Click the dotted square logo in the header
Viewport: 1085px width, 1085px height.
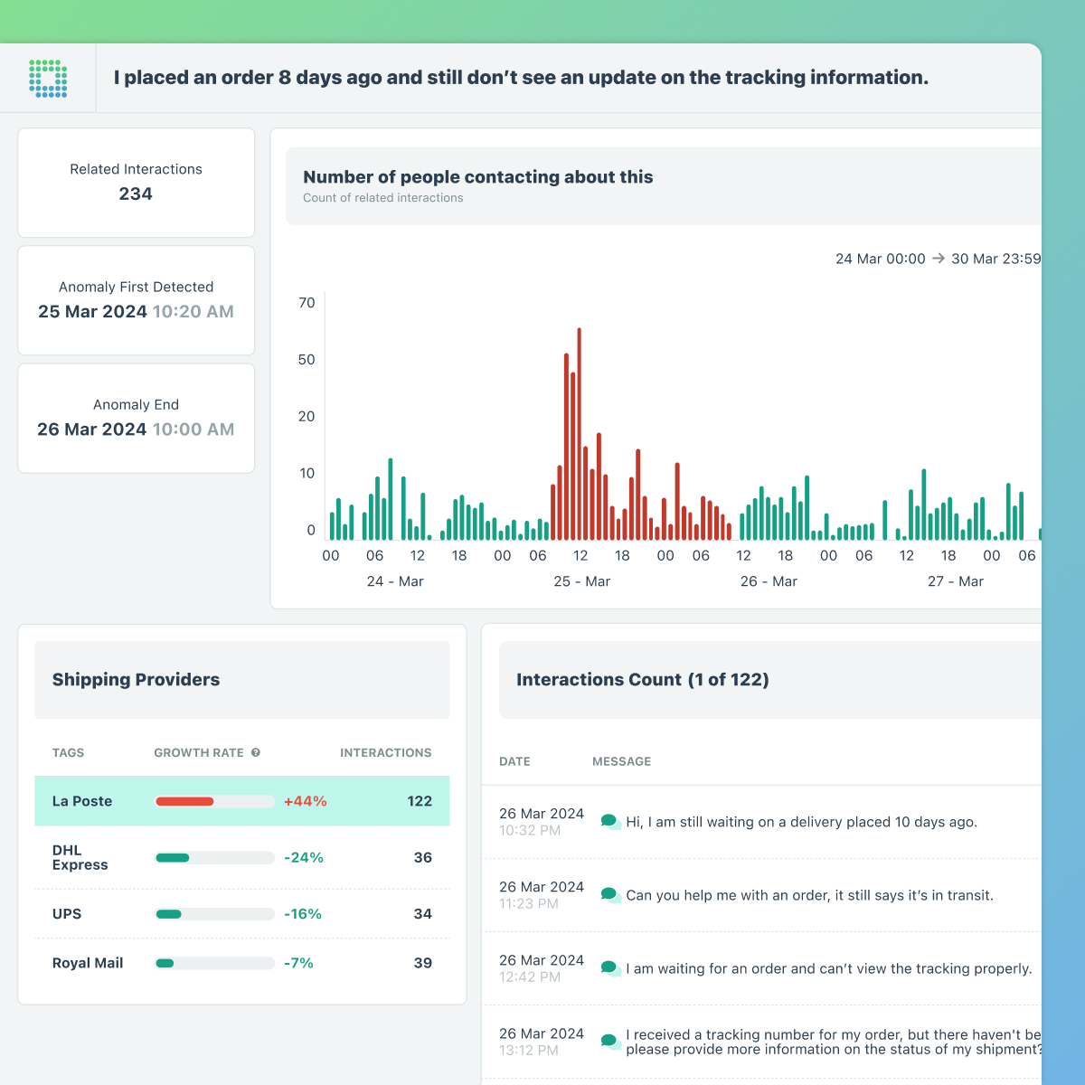(x=48, y=79)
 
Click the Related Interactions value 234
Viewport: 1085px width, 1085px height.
(x=136, y=193)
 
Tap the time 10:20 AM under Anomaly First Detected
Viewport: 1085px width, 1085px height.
(x=193, y=311)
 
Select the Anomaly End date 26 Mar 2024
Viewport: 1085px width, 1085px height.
(x=91, y=429)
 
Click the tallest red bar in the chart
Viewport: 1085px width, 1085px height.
(x=579, y=434)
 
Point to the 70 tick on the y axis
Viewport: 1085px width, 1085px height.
(x=307, y=303)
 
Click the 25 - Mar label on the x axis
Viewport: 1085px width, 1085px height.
(x=581, y=581)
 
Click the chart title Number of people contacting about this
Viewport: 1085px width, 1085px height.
(x=477, y=177)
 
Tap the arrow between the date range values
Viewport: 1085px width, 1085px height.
(x=939, y=259)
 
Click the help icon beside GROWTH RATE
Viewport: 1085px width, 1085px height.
(x=256, y=752)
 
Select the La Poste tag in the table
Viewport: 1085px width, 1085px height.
(x=82, y=801)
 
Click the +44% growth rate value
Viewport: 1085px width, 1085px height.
(x=305, y=801)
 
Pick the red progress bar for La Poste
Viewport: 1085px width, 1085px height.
(x=185, y=801)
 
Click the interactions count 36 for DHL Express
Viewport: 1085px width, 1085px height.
(x=422, y=857)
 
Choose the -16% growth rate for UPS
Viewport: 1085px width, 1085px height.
(x=303, y=914)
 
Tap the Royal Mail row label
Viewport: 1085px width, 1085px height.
(x=88, y=963)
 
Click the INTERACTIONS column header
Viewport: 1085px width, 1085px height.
(x=385, y=752)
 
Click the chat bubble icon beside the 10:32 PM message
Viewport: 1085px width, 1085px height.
(x=610, y=822)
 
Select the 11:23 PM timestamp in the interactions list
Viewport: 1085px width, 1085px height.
(x=528, y=903)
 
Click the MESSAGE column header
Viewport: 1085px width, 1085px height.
(x=621, y=761)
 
